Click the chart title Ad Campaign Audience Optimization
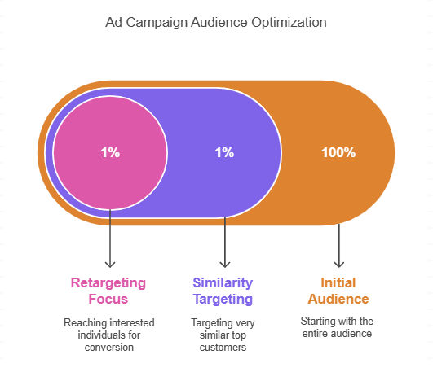[216, 23]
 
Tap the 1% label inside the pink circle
[110, 152]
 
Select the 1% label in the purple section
[224, 152]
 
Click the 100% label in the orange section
[338, 152]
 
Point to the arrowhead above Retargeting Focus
[110, 263]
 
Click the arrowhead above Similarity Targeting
[225, 263]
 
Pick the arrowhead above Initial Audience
[339, 263]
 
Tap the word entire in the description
[320, 335]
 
